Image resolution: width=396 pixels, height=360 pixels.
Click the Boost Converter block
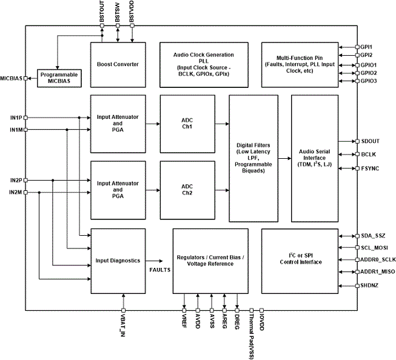118,65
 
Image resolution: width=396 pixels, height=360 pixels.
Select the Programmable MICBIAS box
59,78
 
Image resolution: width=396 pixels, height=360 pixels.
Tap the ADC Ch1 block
187,124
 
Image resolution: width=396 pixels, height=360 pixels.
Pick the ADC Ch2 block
187,190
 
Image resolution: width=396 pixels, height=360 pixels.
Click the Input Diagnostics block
118,261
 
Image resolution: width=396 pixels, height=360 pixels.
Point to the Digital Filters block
253,159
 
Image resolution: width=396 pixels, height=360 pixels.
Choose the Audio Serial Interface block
315,159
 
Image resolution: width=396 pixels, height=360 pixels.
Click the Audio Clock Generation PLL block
204,65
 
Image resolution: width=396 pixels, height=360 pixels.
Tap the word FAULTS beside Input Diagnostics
160,270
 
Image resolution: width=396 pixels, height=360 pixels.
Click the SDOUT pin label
371,141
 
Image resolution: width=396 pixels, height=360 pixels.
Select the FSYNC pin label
371,168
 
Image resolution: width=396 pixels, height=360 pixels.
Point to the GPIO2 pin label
369,73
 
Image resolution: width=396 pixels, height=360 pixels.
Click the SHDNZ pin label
369,285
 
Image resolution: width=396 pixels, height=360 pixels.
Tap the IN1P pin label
16,118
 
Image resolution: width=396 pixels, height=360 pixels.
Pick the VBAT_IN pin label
123,325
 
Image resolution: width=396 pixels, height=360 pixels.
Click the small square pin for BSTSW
118,25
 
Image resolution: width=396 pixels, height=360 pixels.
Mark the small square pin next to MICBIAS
25,79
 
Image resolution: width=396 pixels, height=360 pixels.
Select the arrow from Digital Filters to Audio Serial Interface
284,159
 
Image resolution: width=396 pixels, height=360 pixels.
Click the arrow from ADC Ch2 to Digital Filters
222,190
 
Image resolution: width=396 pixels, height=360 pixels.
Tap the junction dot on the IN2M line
39,192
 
